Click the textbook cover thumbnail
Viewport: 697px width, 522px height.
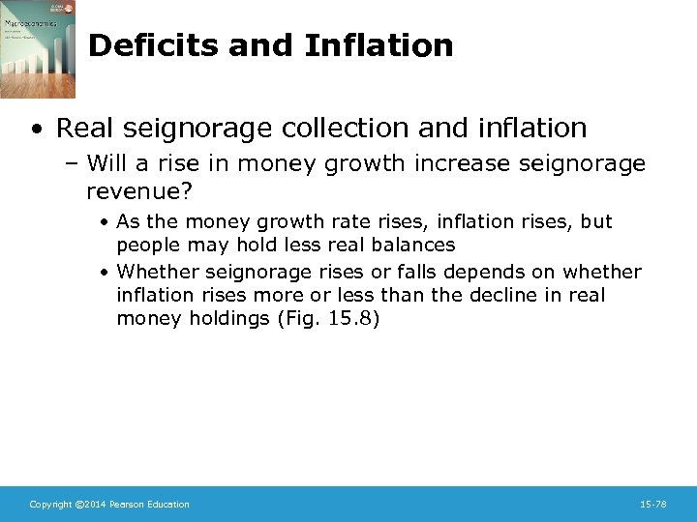pos(38,49)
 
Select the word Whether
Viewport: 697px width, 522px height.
pos(155,273)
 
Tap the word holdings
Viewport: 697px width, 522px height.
pos(224,318)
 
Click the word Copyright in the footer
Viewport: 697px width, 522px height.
pos(49,505)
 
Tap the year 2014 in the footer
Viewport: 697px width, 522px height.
pos(93,505)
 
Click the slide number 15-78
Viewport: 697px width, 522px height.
pos(653,505)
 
